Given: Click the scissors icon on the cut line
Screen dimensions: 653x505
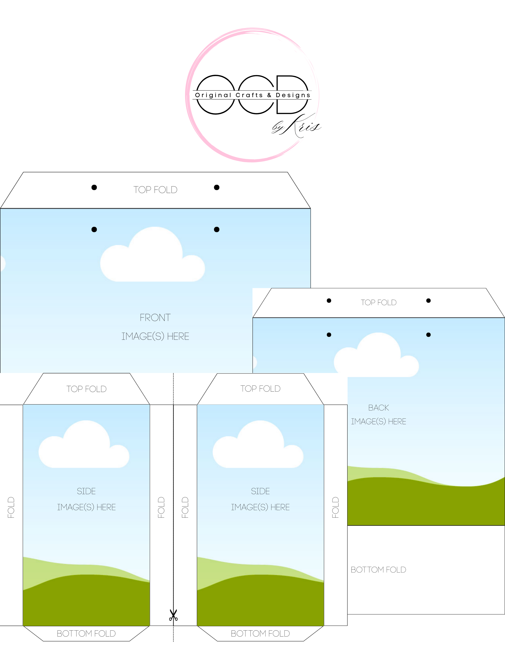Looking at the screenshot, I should pos(173,615).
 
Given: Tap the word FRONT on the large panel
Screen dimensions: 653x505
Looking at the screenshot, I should pos(155,318).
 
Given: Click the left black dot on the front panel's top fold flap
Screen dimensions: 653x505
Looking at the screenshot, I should pos(94,187).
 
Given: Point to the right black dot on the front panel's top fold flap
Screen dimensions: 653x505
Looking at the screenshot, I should pos(217,187).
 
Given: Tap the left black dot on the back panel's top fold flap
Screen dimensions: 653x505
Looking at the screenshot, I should pos(329,301).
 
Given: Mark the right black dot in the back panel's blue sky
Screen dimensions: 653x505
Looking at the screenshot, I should pos(428,335).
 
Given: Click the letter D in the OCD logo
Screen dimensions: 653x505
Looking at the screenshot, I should pos(292,94).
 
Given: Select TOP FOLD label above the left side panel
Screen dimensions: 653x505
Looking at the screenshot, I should pos(87,389).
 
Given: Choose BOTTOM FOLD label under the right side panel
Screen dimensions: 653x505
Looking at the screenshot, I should pos(260,634).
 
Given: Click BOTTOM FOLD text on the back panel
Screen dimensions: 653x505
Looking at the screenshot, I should pos(378,569).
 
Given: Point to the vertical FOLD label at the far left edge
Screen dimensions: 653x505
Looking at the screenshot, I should pos(11,507).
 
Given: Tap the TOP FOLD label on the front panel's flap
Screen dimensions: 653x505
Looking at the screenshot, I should pos(155,190).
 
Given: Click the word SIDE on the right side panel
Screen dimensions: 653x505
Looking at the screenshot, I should pos(260,491).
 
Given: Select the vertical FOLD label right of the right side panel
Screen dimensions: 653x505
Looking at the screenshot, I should pos(335,507).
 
